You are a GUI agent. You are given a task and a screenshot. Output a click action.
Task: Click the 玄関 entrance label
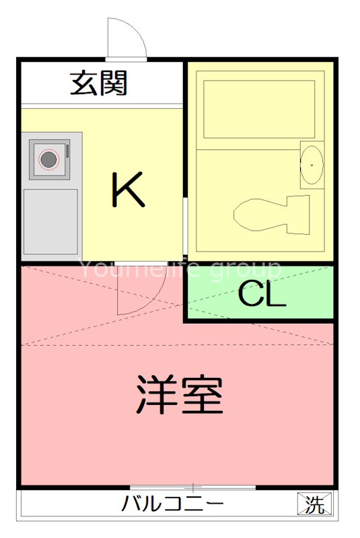99,84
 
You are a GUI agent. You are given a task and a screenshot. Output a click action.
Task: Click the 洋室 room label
180,395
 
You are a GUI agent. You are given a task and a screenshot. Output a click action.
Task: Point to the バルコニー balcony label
173,504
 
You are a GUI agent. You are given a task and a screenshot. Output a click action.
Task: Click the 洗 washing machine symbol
314,503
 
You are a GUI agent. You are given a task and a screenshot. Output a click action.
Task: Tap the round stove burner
48,159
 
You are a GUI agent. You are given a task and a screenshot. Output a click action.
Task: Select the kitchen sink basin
50,221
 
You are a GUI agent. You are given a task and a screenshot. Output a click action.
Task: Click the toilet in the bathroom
259,214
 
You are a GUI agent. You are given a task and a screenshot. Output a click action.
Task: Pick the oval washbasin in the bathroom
312,163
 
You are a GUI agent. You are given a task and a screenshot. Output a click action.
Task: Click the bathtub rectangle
259,110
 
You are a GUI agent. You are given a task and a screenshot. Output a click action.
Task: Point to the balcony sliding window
193,487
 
